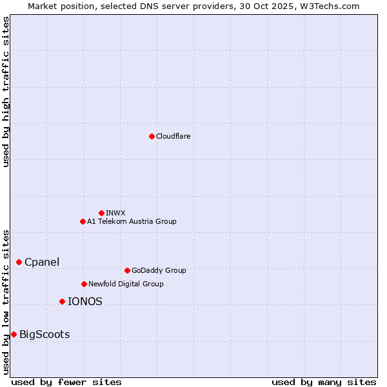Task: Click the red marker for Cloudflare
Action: pos(152,136)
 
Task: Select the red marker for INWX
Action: pos(101,213)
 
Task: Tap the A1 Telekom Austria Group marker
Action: pos(83,221)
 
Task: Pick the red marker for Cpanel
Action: pos(19,262)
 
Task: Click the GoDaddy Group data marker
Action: pos(127,270)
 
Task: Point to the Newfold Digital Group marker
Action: pos(84,284)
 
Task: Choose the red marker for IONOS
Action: pos(62,301)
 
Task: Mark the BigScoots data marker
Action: pos(14,334)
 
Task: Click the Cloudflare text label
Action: pos(174,136)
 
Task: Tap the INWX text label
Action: pos(116,213)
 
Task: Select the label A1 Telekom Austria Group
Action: pos(132,221)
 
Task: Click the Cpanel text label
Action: pos(42,262)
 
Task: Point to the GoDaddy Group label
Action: pos(159,270)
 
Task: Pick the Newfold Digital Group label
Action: pos(126,284)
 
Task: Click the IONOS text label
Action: pos(85,301)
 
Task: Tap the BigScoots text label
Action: pos(45,334)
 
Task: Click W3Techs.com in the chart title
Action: pos(330,6)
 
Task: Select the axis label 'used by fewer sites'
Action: pos(66,382)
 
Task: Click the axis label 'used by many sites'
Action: pos(324,382)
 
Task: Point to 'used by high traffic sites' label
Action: pos(6,92)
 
